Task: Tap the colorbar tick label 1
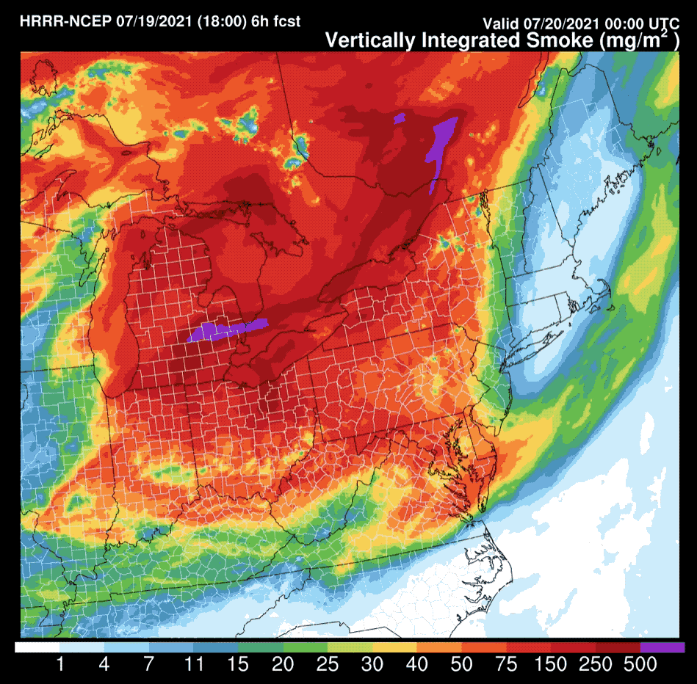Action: (59, 665)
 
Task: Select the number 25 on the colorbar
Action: (327, 665)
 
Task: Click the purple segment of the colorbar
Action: (662, 647)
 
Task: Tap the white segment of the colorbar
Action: (37, 647)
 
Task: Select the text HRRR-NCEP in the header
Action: (65, 21)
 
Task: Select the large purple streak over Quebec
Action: (441, 144)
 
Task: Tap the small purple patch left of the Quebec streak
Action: (400, 117)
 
